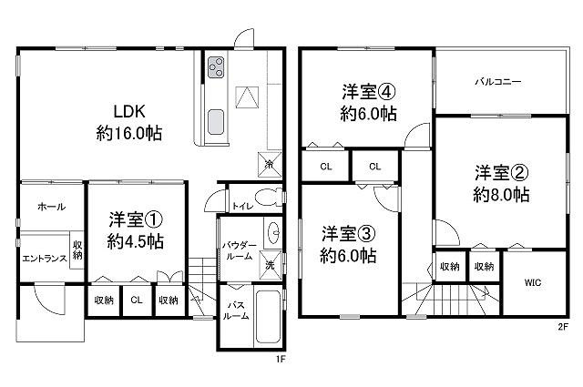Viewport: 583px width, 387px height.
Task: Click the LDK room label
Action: pyautogui.click(x=129, y=111)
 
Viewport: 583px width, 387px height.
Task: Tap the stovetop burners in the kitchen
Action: pyautogui.click(x=216, y=66)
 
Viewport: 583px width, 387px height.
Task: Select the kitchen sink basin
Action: pyautogui.click(x=216, y=122)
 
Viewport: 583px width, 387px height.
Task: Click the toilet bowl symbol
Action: pyautogui.click(x=269, y=197)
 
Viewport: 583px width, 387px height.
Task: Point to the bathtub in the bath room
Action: pyautogui.click(x=268, y=316)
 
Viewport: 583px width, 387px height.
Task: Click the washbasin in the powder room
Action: pyautogui.click(x=273, y=233)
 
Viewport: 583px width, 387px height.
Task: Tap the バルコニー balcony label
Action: pyautogui.click(x=498, y=81)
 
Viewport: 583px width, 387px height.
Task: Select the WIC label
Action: pyautogui.click(x=533, y=282)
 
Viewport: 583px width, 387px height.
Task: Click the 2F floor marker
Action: pyautogui.click(x=563, y=327)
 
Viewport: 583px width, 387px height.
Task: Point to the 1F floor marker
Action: pyautogui.click(x=280, y=359)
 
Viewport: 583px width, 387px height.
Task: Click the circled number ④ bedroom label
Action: pyautogui.click(x=386, y=92)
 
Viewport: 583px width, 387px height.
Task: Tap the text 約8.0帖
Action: pyautogui.click(x=501, y=195)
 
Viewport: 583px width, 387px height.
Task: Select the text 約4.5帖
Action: pyautogui.click(x=136, y=242)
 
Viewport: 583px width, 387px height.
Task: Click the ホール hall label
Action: pyautogui.click(x=51, y=207)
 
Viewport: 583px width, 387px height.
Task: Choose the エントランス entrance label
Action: pyautogui.click(x=45, y=259)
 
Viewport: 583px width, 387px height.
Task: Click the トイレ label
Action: pyautogui.click(x=242, y=206)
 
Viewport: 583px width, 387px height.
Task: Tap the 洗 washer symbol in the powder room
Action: pyautogui.click(x=270, y=265)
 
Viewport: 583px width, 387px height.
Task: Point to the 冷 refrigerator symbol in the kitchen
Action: pyautogui.click(x=270, y=164)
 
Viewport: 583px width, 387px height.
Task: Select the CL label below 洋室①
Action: pyautogui.click(x=137, y=300)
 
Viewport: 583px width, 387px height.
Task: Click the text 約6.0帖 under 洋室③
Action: pyautogui.click(x=348, y=255)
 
